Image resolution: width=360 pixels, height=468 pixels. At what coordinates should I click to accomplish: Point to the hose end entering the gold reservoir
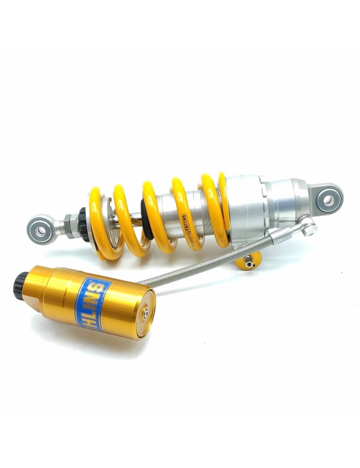pos(144,283)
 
